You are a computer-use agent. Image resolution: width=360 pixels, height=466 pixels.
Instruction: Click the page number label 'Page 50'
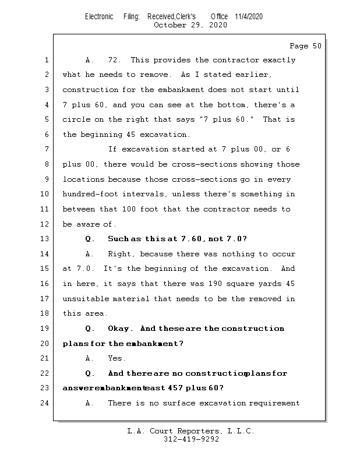coord(305,46)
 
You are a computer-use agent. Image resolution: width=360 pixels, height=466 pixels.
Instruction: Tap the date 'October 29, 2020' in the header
coord(190,25)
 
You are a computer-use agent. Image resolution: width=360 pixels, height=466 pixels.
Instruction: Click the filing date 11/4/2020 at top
coord(249,16)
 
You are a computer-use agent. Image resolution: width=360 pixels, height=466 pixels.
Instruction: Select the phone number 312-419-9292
coord(191,440)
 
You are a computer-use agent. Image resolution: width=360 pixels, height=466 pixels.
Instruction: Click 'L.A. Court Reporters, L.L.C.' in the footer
coord(190,432)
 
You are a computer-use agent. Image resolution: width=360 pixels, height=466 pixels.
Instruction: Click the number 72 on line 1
coord(115,60)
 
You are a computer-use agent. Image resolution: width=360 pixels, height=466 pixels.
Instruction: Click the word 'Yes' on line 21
coord(116,358)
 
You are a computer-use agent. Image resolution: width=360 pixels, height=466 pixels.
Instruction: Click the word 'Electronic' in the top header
coord(99,16)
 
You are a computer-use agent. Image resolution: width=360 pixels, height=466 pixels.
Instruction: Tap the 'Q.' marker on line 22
coord(90,373)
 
